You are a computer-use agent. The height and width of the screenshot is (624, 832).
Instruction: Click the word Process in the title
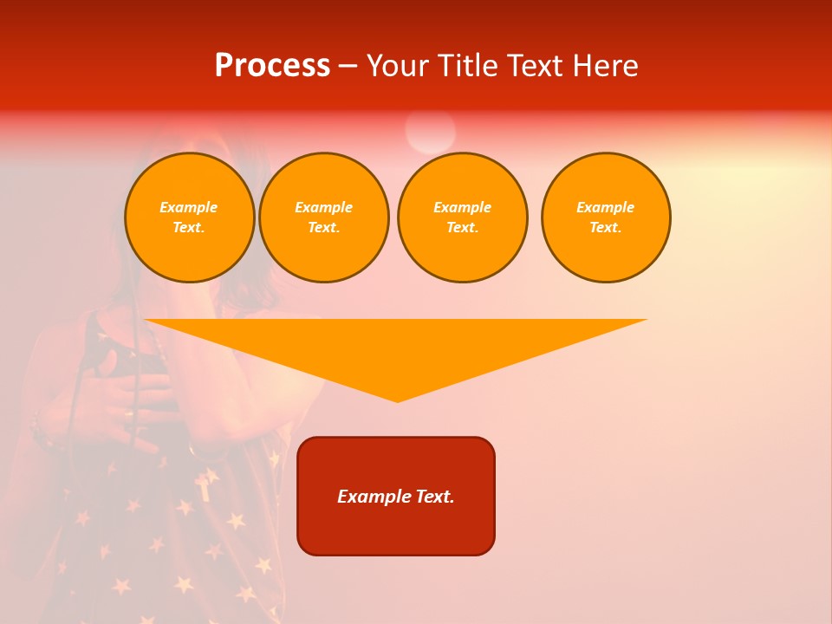tap(272, 66)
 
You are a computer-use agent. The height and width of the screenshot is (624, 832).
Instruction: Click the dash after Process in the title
tap(348, 67)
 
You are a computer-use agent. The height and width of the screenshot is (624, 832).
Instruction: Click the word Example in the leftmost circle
tap(188, 207)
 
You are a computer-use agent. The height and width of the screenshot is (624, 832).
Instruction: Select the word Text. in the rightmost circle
tap(605, 227)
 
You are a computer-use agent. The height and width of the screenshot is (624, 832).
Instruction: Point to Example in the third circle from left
tap(462, 207)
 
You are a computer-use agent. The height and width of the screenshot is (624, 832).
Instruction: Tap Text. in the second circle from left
tap(323, 227)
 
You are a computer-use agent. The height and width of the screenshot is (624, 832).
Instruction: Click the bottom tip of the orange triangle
tap(397, 400)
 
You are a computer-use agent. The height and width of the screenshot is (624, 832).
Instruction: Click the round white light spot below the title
tap(430, 132)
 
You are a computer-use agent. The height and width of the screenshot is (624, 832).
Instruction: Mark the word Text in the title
tap(532, 66)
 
